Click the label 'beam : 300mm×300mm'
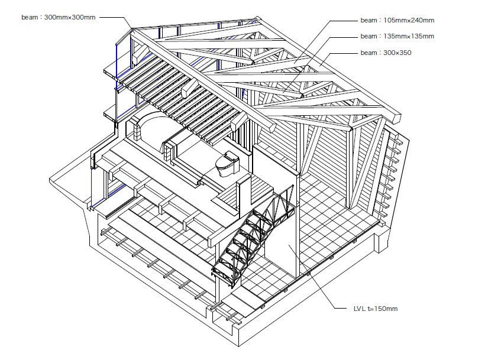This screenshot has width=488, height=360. pyautogui.click(x=59, y=17)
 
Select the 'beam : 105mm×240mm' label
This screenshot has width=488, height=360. pyautogui.click(x=397, y=21)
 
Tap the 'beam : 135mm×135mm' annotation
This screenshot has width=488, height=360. pyautogui.click(x=397, y=37)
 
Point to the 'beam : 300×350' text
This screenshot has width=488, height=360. pyautogui.click(x=386, y=53)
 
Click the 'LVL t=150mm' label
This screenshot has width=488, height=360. pyautogui.click(x=376, y=309)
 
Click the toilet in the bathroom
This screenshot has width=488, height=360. pyautogui.click(x=227, y=164)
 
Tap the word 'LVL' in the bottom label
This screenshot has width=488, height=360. pyautogui.click(x=360, y=309)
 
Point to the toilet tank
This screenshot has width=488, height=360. pyautogui.click(x=231, y=157)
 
